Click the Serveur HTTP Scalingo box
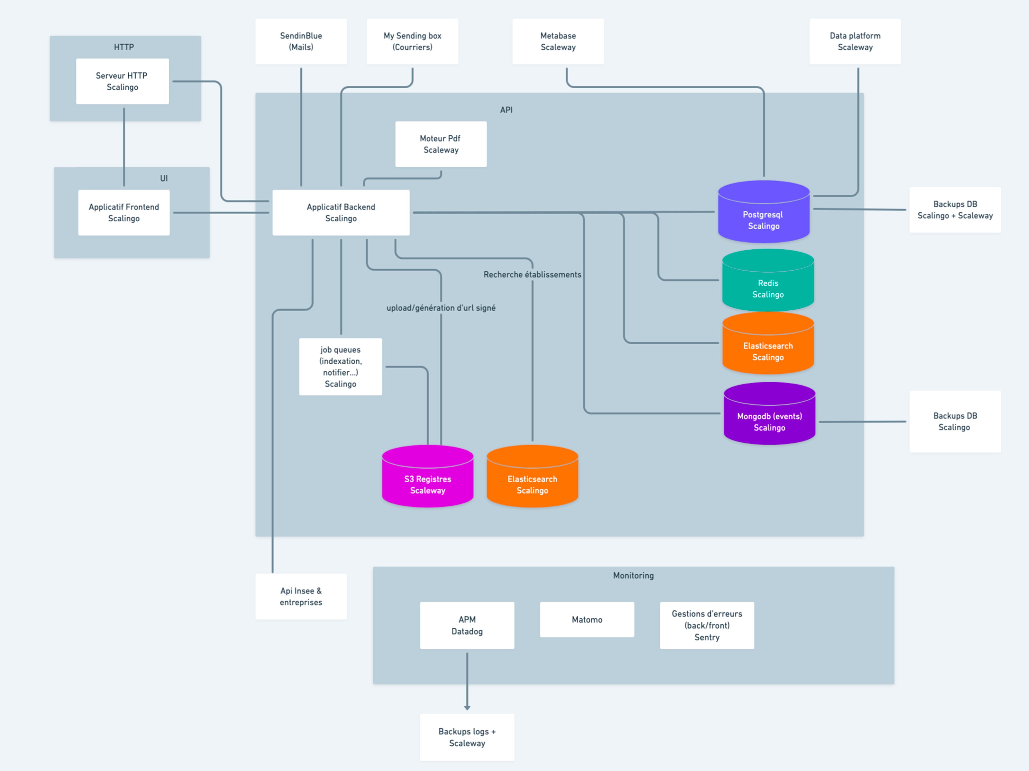[122, 81]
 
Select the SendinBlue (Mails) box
[301, 41]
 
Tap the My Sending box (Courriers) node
[412, 41]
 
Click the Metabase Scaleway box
[558, 41]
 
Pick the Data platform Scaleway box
[855, 41]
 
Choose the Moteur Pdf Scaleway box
[441, 144]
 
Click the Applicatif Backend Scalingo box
[341, 212]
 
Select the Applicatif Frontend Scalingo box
[124, 212]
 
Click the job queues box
[340, 367]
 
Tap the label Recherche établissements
[532, 275]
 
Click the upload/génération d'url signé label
[441, 308]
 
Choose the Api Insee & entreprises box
[301, 596]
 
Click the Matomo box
[587, 619]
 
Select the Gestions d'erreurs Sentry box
[706, 625]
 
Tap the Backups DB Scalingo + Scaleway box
[955, 209]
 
